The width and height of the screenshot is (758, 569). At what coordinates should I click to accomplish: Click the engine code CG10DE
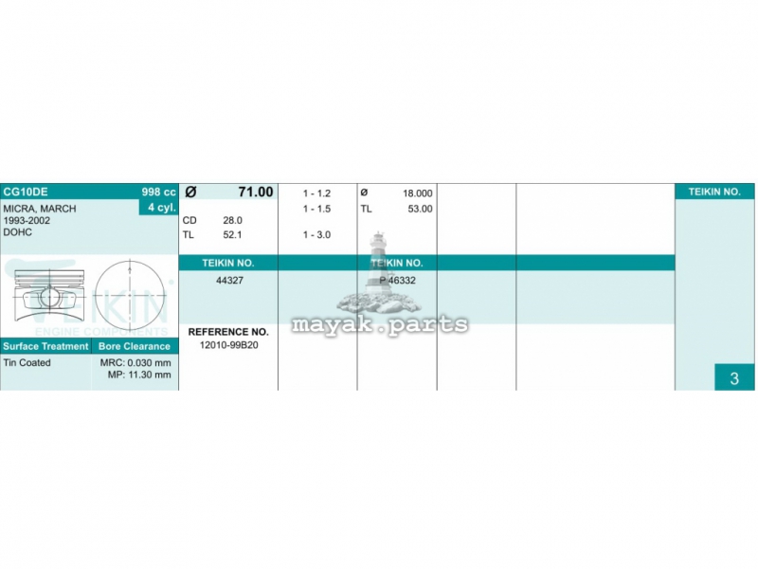click(26, 192)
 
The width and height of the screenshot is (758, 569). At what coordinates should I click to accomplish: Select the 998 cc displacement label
click(158, 193)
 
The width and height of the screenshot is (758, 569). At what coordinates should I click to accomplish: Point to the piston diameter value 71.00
click(256, 192)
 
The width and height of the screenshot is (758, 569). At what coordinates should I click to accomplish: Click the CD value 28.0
click(232, 220)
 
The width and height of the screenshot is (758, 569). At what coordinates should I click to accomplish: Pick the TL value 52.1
click(232, 234)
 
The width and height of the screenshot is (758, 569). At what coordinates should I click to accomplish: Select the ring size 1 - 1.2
click(316, 193)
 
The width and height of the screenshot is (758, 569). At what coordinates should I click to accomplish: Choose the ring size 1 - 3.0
click(316, 234)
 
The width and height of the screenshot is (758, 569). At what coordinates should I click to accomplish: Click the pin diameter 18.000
click(418, 193)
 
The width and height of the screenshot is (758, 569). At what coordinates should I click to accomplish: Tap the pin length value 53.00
click(420, 209)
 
